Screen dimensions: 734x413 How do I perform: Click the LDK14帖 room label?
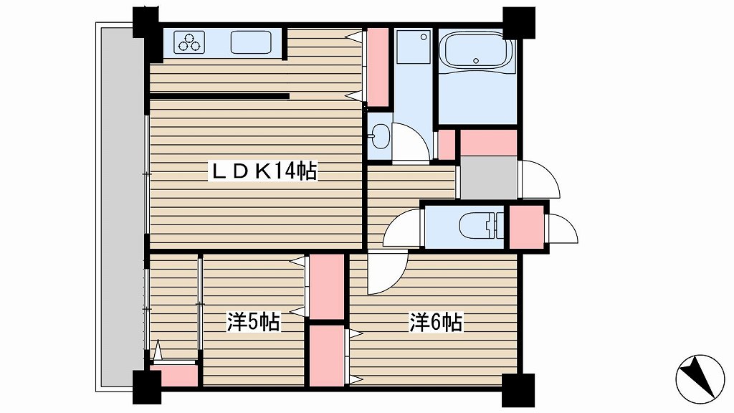pyautogui.click(x=264, y=171)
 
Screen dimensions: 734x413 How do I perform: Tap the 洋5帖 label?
pyautogui.click(x=254, y=322)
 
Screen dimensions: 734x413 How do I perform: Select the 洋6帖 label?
pyautogui.click(x=437, y=322)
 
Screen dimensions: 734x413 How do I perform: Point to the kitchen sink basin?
pyautogui.click(x=251, y=42)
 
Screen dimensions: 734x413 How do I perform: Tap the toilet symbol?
pyautogui.click(x=482, y=226)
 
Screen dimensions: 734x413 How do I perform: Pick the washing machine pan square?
pyautogui.click(x=414, y=47)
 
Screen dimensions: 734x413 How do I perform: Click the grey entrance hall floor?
pyautogui.click(x=489, y=178)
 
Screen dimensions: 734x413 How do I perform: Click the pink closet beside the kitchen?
pyautogui.click(x=378, y=67)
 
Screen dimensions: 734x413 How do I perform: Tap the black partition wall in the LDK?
pyautogui.click(x=219, y=97)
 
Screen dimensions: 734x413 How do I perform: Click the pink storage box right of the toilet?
pyautogui.click(x=526, y=227)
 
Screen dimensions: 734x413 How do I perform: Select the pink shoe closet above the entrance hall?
pyautogui.click(x=489, y=143)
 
